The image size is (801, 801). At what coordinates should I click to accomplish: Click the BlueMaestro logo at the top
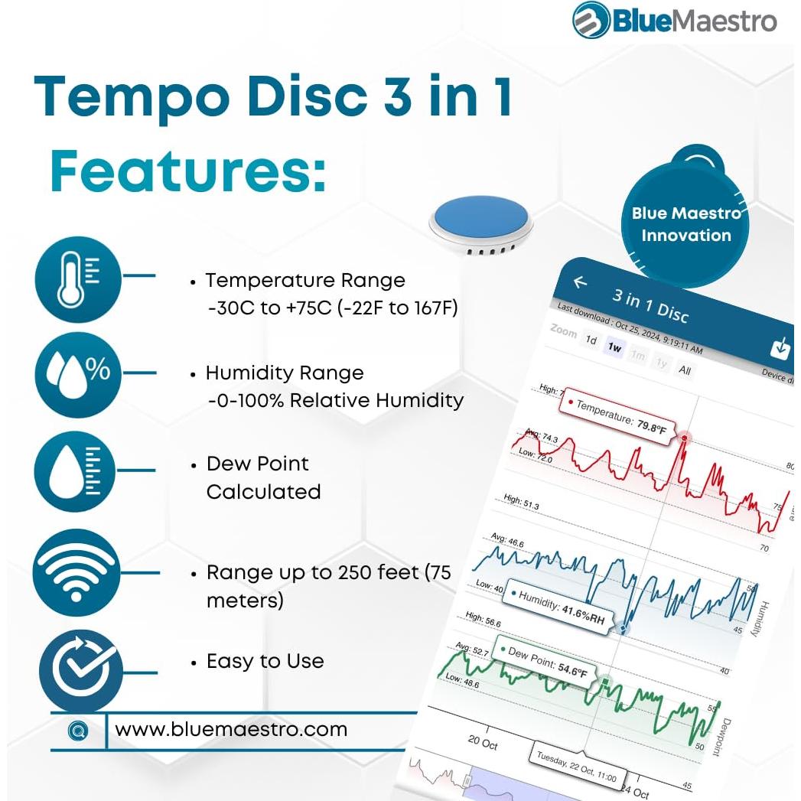pos(674,21)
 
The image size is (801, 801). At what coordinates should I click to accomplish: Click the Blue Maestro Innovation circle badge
pos(685,224)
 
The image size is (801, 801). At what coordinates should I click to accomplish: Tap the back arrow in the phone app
pos(580,282)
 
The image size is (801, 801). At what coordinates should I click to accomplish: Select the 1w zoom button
pos(614,347)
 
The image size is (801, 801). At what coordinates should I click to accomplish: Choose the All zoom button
pos(684,370)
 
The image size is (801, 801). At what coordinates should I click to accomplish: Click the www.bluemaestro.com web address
pos(231,729)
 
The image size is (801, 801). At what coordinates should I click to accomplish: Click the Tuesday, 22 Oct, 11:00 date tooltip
pos(576,767)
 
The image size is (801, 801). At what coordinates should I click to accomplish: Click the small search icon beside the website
pos(77,731)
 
